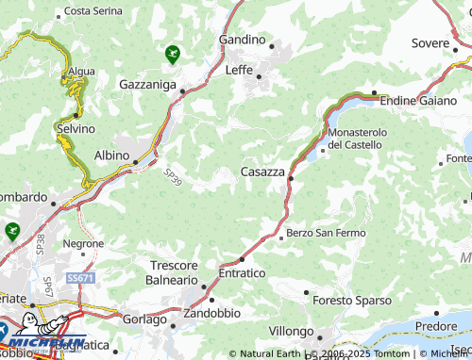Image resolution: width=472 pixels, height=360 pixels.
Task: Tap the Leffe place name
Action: tap(240, 69)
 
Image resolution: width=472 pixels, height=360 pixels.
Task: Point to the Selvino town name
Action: tap(76, 128)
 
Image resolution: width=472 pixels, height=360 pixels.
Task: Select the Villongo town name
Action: tap(290, 332)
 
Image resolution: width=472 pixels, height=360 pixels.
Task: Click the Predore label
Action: tap(435, 325)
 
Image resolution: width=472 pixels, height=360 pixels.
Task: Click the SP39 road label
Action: tap(172, 178)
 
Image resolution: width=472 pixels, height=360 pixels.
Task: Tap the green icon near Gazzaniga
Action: tap(172, 54)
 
